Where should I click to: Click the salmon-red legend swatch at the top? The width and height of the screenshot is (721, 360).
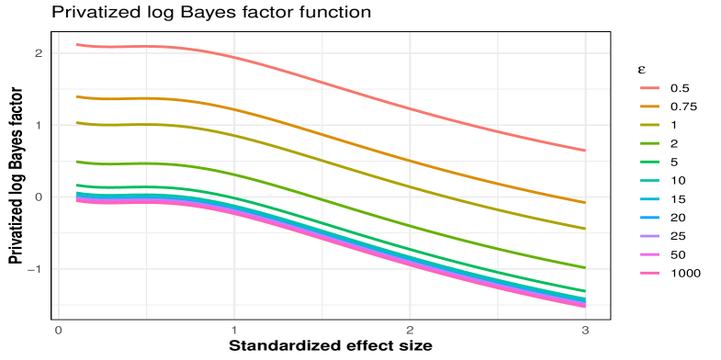point(649,89)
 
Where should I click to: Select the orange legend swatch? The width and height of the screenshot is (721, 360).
point(649,107)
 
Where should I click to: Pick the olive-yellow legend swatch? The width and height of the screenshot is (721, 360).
point(649,126)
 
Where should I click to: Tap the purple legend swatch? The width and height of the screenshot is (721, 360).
point(649,236)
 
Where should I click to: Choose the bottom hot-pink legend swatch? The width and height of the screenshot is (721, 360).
point(649,273)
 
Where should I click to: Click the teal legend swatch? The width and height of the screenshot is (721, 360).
point(649,181)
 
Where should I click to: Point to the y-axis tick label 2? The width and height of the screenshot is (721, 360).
point(39,53)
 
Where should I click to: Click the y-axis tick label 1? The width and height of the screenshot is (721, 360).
point(39,125)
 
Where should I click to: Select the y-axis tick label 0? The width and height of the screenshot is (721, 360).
point(39,197)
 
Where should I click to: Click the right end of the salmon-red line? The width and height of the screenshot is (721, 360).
point(584,151)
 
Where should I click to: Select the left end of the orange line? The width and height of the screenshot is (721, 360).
point(76,96)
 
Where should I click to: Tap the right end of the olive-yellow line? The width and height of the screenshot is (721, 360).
point(584,229)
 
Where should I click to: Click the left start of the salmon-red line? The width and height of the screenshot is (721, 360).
point(76,44)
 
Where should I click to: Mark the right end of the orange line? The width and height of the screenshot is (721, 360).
point(584,201)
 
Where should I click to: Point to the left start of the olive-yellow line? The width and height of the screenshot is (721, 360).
point(76,122)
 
